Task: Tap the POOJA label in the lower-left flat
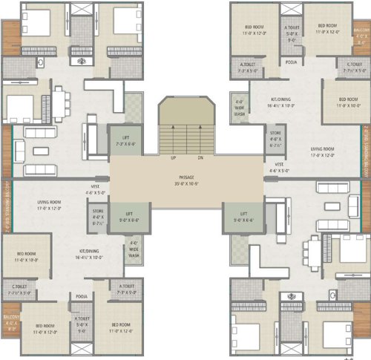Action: pos(82,296)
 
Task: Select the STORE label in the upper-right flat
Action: pos(275,136)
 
